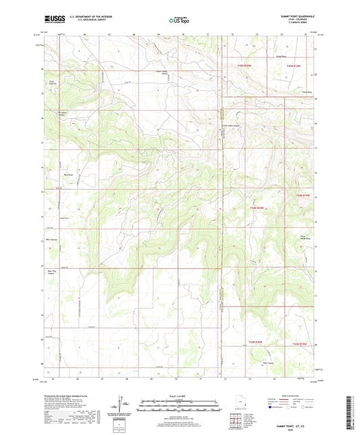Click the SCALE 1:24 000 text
pos(179,396)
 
